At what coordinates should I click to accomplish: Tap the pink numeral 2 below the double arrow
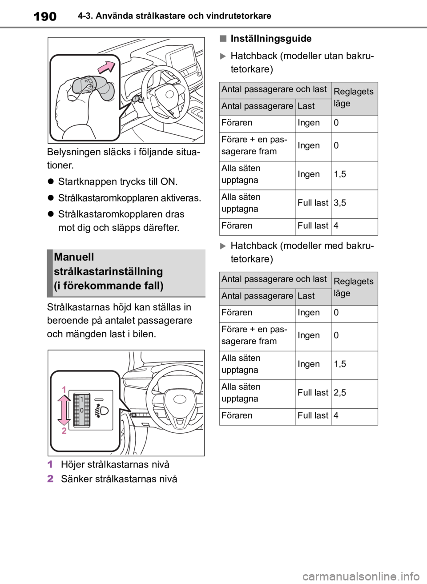click(x=64, y=431)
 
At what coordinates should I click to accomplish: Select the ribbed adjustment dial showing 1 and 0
click(x=82, y=409)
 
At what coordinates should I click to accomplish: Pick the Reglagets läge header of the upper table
click(x=354, y=97)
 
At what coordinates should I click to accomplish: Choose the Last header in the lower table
click(x=306, y=296)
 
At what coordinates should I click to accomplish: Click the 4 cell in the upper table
click(x=336, y=226)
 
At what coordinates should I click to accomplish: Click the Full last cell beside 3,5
click(x=313, y=203)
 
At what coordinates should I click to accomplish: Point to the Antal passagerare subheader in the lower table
click(x=257, y=296)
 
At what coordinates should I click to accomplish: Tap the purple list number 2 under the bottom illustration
click(x=50, y=479)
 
